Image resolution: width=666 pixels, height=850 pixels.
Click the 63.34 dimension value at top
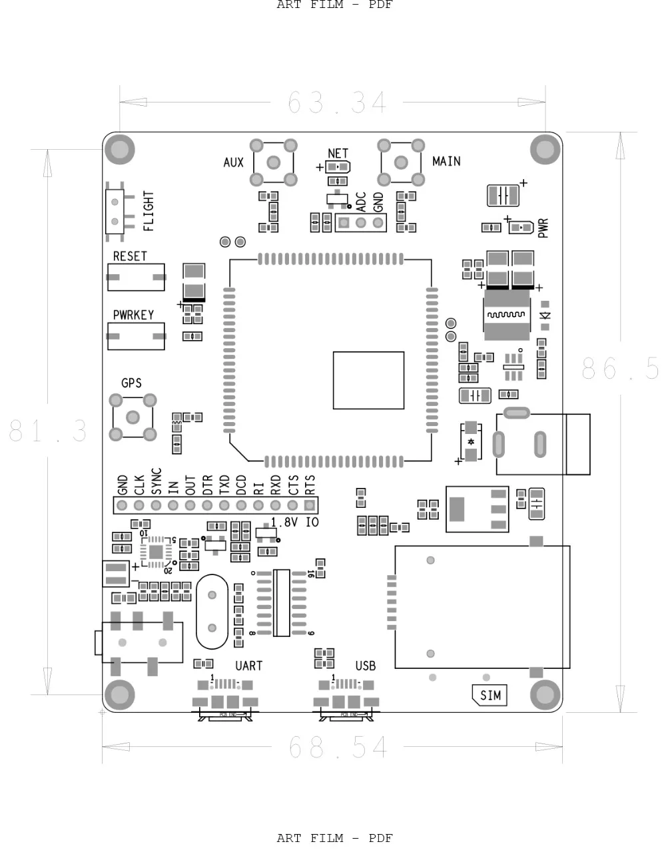337,103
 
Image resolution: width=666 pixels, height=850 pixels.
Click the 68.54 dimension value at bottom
338,747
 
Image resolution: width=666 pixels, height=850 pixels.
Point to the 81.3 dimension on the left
48,431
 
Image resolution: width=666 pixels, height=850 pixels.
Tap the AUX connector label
233,162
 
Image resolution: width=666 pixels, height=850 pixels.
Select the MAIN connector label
446,161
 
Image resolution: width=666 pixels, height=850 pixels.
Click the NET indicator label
338,154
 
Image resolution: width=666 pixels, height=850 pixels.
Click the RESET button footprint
136,277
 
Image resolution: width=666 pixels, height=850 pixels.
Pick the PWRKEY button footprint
136,336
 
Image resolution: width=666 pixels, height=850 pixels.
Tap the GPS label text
131,383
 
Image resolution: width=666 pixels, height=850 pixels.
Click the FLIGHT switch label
149,211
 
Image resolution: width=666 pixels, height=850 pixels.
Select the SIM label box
490,696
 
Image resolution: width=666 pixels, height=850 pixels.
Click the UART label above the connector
248,666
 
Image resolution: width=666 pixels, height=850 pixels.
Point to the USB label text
365,666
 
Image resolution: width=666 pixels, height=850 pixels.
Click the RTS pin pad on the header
309,505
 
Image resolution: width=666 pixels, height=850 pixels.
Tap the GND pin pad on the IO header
122,505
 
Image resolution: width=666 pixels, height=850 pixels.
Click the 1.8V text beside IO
285,523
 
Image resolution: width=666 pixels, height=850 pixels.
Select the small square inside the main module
368,380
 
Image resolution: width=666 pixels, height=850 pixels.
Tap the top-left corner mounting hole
120,149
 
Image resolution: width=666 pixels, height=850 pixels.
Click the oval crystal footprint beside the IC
212,612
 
